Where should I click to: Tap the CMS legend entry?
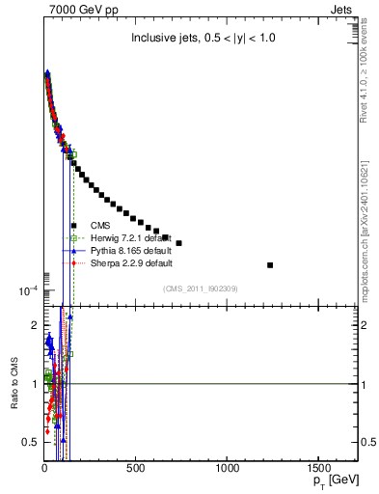point(115,225)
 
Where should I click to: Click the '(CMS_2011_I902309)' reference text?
point(201,288)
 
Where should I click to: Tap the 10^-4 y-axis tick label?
point(26,290)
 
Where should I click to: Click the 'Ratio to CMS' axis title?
point(14,384)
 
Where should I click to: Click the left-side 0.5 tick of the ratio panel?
point(32,442)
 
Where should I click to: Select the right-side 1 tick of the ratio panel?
point(365,384)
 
